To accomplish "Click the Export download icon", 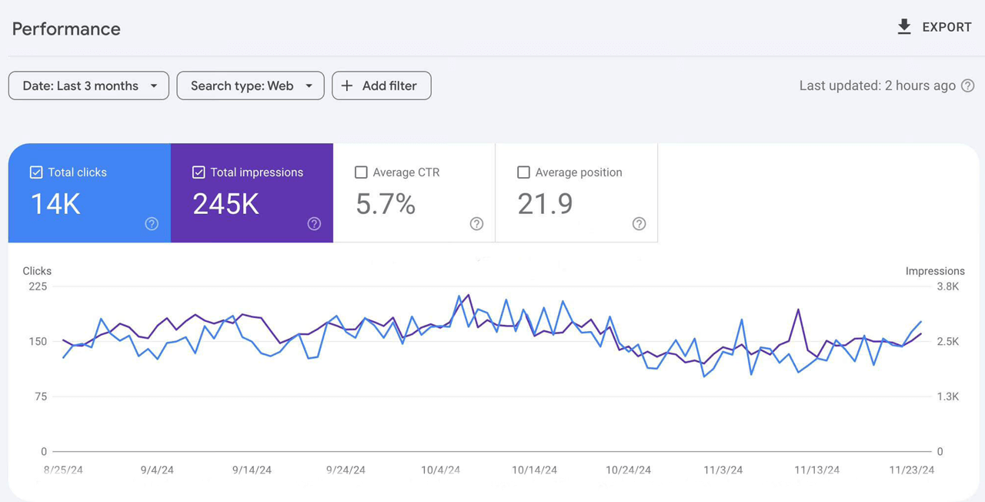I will click(904, 27).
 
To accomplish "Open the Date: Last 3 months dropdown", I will click(88, 85).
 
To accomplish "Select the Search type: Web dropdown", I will click(250, 85).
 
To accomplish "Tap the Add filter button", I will click(381, 85).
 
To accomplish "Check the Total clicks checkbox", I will click(36, 172).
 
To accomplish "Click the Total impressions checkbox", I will click(199, 172).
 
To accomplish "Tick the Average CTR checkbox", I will click(361, 172).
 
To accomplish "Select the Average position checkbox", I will click(523, 172).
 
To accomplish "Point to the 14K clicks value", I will click(55, 204).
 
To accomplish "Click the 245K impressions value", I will click(225, 204).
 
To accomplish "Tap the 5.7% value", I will click(386, 204).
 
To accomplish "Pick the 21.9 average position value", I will click(545, 204).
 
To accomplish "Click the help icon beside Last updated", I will click(968, 85).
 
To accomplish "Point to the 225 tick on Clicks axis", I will click(38, 286).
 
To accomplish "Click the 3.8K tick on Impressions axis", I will click(947, 286).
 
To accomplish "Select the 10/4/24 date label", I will click(440, 470).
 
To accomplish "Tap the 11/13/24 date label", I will click(816, 470).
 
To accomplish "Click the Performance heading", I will click(66, 29).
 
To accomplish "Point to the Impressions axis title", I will click(935, 271).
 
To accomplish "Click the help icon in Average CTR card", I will click(476, 224).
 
